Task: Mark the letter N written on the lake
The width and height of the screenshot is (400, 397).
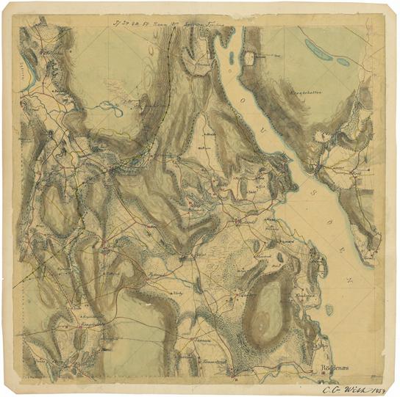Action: [x=350, y=280]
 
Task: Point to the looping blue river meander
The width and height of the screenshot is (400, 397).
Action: [x=112, y=109]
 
